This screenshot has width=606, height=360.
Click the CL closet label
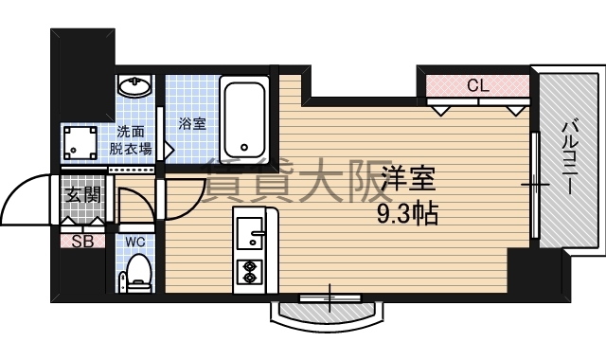[x=477, y=85]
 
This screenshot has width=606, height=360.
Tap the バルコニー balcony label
[x=569, y=157]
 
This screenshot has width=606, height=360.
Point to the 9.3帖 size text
[x=407, y=213]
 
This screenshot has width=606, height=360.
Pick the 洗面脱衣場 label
[x=130, y=140]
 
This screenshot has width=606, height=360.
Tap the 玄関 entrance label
[x=82, y=196]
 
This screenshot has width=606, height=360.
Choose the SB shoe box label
[x=82, y=240]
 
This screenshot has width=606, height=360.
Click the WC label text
[x=136, y=241]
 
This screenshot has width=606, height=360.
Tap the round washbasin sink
[x=136, y=88]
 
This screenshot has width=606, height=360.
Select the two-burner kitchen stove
[x=250, y=271]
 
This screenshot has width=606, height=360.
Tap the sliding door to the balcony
[x=535, y=186]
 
